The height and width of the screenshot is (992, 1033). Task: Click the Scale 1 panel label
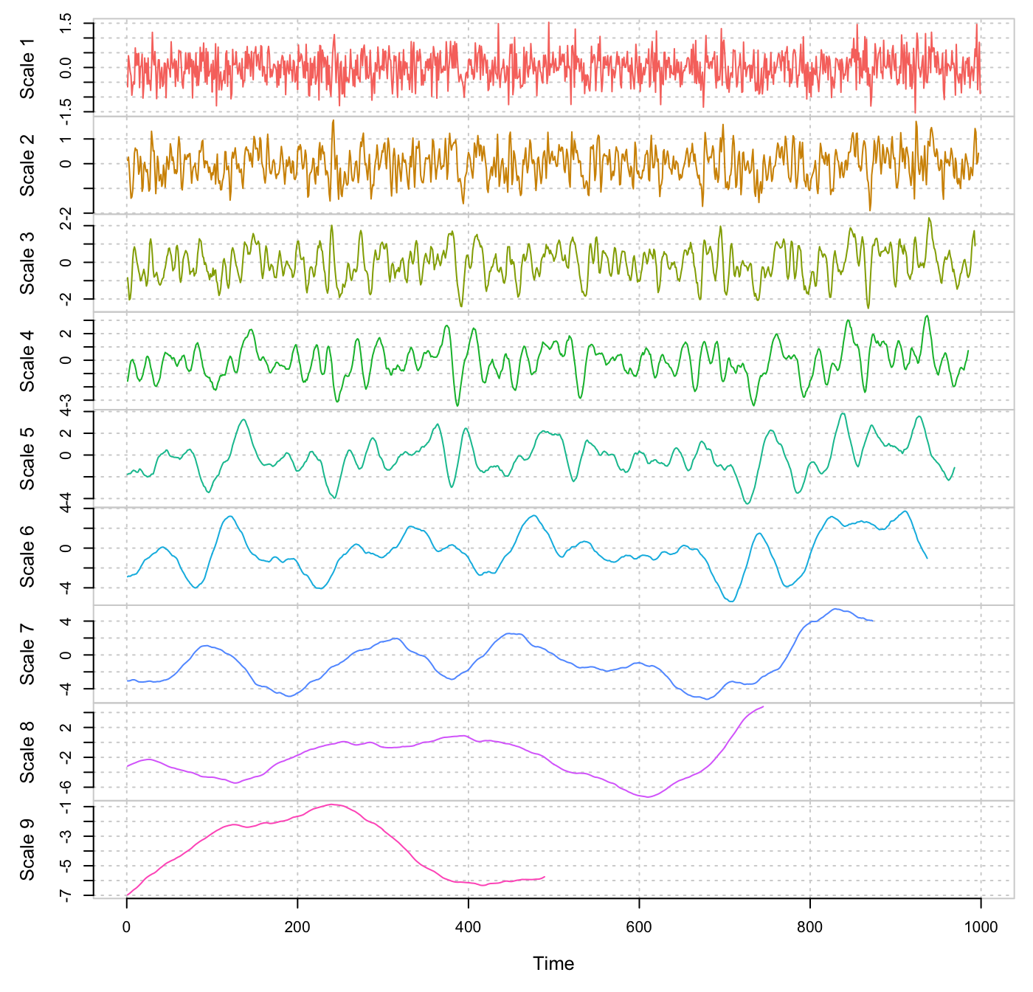[27, 75]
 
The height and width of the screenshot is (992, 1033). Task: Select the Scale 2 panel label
[27, 172]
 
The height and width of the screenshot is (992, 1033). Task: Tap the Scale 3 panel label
[27, 269]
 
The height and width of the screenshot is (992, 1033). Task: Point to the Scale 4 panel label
[27, 368]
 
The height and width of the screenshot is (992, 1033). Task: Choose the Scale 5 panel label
[27, 465]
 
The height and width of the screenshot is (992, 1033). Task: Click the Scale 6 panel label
[27, 563]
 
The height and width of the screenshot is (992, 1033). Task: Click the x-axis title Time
[553, 963]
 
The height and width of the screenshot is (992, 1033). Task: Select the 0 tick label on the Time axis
[127, 927]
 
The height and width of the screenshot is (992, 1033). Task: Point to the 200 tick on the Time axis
[297, 927]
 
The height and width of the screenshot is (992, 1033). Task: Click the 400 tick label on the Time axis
[469, 927]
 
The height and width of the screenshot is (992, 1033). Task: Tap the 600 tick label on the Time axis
[639, 927]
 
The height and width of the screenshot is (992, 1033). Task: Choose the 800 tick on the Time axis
[810, 927]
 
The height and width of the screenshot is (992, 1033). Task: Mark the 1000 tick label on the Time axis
[981, 927]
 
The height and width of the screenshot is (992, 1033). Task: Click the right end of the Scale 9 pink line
[545, 877]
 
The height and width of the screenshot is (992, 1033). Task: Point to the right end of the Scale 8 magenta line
[763, 706]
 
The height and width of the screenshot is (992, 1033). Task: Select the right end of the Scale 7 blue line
[874, 621]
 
